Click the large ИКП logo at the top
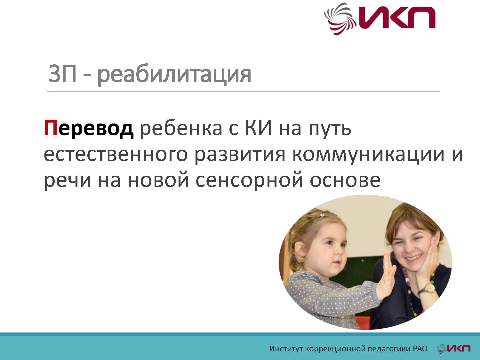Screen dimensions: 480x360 pos(380,19)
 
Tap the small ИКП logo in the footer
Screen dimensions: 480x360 pos(453,348)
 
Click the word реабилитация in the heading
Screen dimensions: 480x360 pos(174,75)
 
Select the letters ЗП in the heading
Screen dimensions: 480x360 pos(62,74)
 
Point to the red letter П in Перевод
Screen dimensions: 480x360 pos(51,128)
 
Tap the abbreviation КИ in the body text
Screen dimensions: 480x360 pos(259,128)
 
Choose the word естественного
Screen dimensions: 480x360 pos(116,155)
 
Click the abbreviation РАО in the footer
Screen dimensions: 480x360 pos(420,348)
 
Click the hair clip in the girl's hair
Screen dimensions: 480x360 pos(322,216)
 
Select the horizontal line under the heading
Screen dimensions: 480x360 pos(243,91)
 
